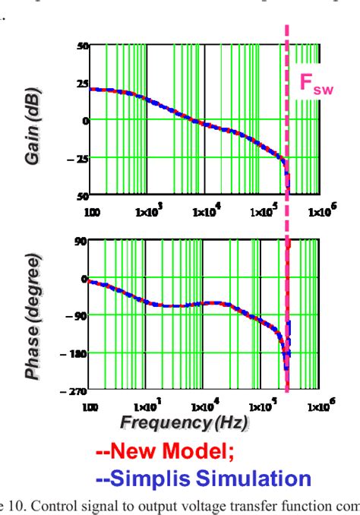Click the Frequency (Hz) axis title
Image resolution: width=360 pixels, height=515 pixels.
pos(201,420)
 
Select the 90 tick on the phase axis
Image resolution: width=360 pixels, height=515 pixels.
pos(81,241)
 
